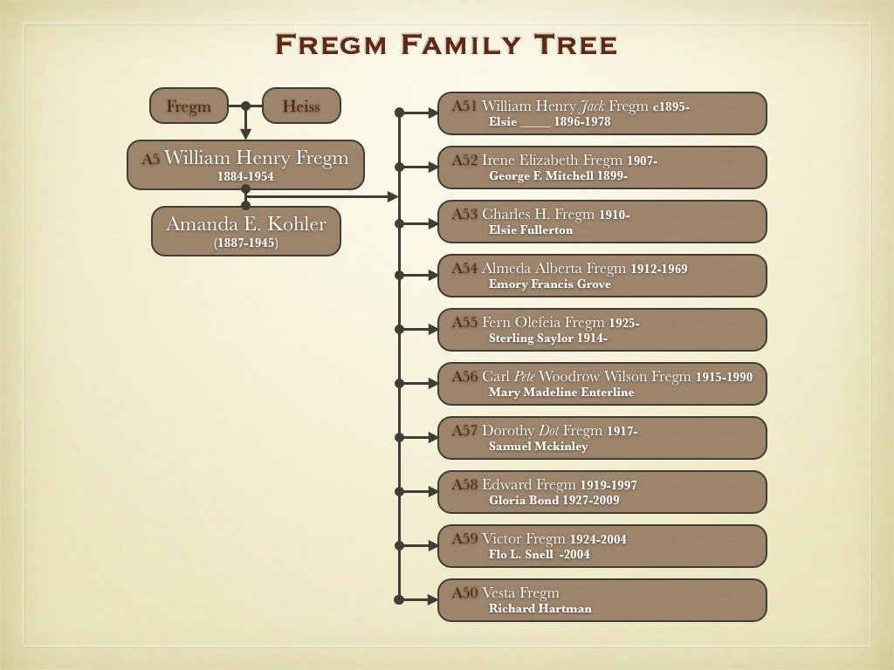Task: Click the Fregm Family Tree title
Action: (446, 44)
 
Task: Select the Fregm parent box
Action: (189, 106)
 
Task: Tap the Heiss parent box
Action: (301, 106)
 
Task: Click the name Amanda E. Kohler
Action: (246, 224)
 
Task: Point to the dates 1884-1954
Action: (246, 176)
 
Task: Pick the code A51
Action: (464, 106)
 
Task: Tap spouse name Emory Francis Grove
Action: (550, 284)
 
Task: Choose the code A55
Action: (464, 323)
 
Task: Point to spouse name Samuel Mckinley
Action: (539, 446)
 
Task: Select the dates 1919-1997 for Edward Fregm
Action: (609, 485)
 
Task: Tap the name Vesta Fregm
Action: (520, 593)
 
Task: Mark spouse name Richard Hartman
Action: (540, 608)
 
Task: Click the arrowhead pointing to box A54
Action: (432, 275)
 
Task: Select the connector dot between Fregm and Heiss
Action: (245, 106)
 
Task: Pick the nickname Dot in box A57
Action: (546, 431)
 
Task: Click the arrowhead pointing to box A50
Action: (432, 599)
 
